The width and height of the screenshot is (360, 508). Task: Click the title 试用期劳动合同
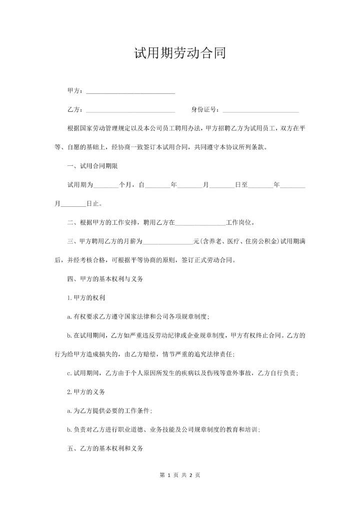tap(180, 54)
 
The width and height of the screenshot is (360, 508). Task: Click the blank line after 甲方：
tap(130, 92)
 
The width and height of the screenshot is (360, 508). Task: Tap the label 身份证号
tap(204, 110)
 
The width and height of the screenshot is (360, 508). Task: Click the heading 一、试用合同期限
tap(92, 166)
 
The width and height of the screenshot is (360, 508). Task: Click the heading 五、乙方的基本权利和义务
tap(105, 449)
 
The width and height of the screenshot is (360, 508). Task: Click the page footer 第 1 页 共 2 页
tap(180, 475)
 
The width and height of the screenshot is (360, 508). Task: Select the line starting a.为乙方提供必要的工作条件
tap(109, 411)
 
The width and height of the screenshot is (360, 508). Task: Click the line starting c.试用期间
tap(182, 373)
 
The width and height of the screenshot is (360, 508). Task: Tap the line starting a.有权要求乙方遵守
tap(138, 317)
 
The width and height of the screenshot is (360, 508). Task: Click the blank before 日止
tap(73, 204)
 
